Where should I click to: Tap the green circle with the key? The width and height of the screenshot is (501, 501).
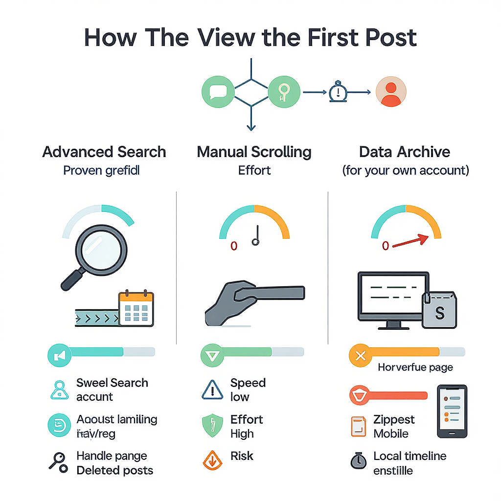(284, 91)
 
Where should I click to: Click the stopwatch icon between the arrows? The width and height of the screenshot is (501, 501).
(338, 91)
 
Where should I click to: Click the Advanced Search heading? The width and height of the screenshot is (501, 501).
(104, 152)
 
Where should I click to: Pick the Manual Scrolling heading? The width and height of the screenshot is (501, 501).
(254, 152)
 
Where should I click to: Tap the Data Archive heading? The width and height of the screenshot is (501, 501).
(405, 152)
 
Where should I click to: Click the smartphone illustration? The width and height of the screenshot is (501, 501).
(452, 410)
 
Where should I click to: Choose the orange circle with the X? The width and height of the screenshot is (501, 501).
(361, 356)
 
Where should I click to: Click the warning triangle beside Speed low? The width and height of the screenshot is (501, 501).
(212, 390)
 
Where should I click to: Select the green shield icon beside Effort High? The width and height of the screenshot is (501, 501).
(212, 426)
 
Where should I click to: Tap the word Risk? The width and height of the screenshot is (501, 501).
(242, 456)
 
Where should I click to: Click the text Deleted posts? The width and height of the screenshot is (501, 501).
(114, 471)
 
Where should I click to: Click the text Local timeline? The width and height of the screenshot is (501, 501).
(410, 456)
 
